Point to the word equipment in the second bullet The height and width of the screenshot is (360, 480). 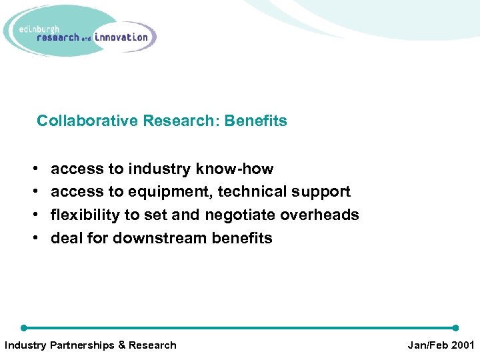click(x=170, y=192)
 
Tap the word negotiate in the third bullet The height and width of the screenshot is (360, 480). click(x=240, y=215)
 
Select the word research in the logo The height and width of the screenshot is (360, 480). click(x=57, y=38)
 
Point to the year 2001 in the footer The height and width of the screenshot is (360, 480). click(x=462, y=345)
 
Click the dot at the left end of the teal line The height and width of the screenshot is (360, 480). click(x=24, y=328)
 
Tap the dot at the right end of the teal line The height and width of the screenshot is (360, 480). click(x=455, y=328)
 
